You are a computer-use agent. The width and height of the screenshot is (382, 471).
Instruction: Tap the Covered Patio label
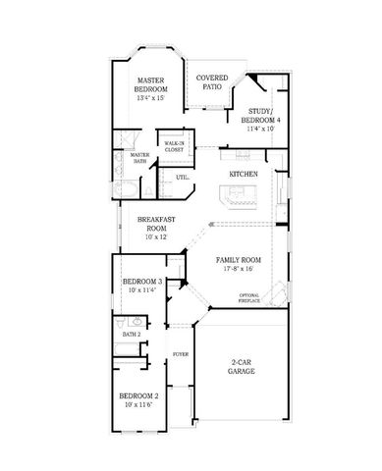point(213,81)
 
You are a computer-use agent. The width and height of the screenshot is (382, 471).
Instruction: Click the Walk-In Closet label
point(174,146)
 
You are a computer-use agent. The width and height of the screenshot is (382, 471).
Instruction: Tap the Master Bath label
point(139,157)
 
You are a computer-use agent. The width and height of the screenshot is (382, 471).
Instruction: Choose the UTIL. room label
point(183,178)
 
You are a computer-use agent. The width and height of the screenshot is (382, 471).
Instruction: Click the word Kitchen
point(244,174)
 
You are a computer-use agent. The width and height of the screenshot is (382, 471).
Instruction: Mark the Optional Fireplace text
point(250,297)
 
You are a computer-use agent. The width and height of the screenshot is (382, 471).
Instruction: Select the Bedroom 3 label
point(142,281)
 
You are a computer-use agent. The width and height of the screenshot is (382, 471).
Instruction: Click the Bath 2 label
point(132,335)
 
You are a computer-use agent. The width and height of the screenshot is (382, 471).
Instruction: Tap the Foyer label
point(181,353)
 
